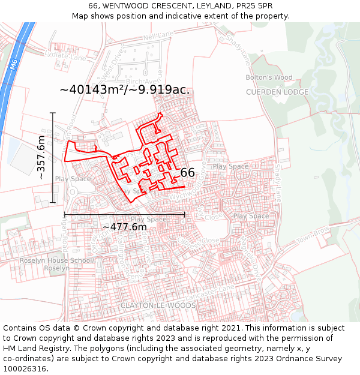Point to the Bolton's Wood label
point(269,77)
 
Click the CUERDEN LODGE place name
point(277,92)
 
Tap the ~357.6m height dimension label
point(41,158)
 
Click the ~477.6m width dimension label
point(124,227)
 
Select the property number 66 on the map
point(187,173)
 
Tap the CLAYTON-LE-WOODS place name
point(158,305)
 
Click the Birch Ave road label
point(144,81)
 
